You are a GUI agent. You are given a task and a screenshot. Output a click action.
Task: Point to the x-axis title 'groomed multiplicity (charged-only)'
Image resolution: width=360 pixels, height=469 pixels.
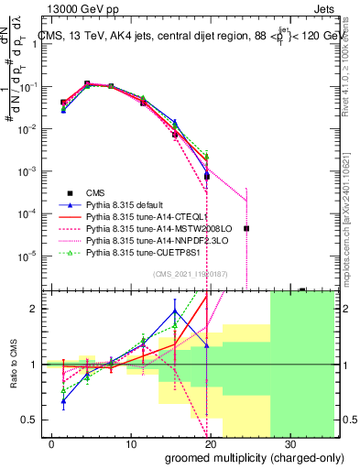242,456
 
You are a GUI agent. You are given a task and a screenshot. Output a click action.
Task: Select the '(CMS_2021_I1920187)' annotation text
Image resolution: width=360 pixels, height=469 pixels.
191,274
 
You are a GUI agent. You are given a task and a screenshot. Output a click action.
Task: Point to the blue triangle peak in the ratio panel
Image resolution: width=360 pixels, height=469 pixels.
174,311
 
